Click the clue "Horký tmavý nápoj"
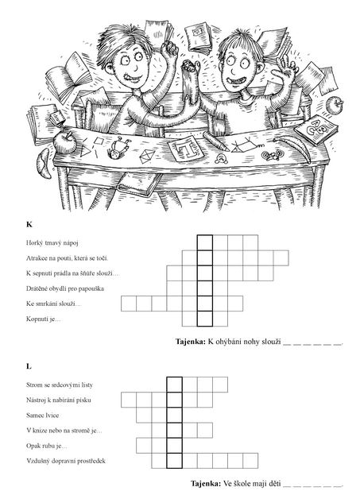(x=52, y=243)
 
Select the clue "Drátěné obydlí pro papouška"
(x=65, y=288)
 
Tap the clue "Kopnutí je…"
(x=44, y=319)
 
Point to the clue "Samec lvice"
(x=42, y=415)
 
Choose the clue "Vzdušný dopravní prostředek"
(x=66, y=461)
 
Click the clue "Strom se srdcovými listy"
(x=60, y=385)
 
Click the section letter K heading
(x=29, y=224)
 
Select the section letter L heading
(x=29, y=366)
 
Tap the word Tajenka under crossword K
(x=190, y=342)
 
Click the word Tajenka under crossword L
(x=206, y=483)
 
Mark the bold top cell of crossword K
(x=205, y=242)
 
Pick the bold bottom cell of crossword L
(x=175, y=461)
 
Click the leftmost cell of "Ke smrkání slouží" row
(x=129, y=304)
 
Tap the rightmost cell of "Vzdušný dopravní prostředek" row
(x=250, y=461)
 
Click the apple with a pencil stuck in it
(x=64, y=141)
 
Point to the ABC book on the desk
(x=316, y=130)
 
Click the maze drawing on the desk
(x=187, y=148)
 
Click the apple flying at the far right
(x=335, y=104)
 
